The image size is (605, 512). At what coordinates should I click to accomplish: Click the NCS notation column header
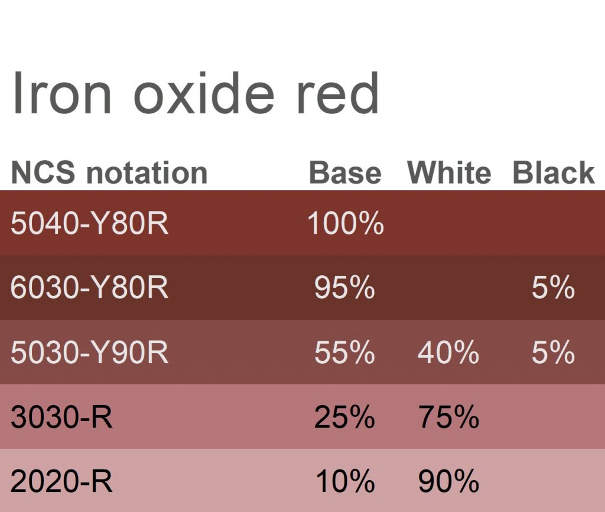click(x=109, y=172)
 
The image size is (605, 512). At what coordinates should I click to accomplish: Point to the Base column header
click(x=345, y=172)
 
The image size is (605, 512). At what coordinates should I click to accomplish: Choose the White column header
click(x=449, y=172)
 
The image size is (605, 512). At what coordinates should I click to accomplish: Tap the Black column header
click(x=554, y=172)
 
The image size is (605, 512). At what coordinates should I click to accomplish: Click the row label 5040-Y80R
click(x=90, y=223)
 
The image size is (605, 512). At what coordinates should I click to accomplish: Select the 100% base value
click(x=346, y=223)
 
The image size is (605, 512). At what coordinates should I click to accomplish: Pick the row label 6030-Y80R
click(x=90, y=287)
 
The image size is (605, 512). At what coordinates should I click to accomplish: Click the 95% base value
click(x=344, y=287)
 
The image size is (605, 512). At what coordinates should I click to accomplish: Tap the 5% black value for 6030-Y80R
click(x=553, y=287)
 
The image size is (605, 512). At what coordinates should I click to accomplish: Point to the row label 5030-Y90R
click(x=90, y=352)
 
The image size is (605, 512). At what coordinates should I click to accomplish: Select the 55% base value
click(x=344, y=352)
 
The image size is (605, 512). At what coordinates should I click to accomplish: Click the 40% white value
click(x=448, y=352)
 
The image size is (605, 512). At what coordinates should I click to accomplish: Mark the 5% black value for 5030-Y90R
click(x=553, y=352)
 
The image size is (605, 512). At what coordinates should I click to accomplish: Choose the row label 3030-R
click(x=61, y=417)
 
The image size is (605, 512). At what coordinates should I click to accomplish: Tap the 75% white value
click(x=448, y=417)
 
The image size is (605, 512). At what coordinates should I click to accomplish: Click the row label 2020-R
click(x=61, y=481)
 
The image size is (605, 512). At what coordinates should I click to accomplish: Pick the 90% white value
click(x=448, y=481)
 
